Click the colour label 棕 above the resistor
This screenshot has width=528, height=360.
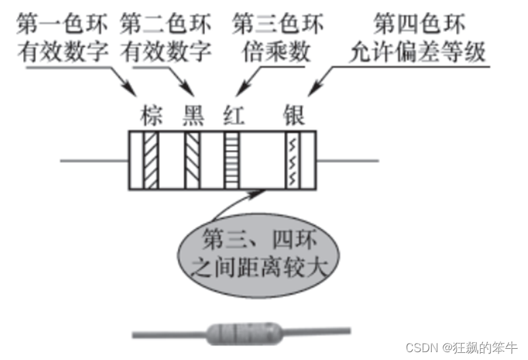(150, 116)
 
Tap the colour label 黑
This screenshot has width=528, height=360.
(191, 116)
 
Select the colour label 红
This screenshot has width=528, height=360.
(233, 116)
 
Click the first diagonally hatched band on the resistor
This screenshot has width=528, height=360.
(151, 160)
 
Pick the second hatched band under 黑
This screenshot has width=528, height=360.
(193, 160)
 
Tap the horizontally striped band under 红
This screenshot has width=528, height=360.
(233, 160)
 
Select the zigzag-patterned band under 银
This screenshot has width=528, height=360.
(292, 160)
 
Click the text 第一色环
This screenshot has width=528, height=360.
(63, 25)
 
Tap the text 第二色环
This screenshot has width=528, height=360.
(168, 25)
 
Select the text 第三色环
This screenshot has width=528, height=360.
(278, 25)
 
